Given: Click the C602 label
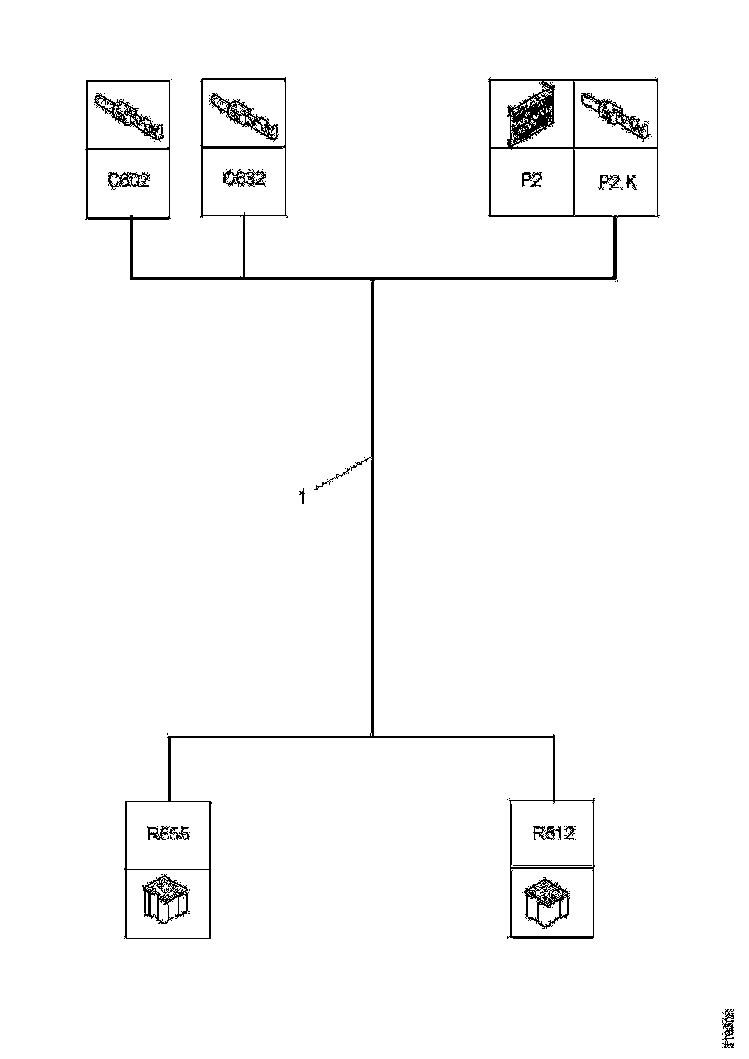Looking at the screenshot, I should [129, 181].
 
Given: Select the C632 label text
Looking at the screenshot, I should [244, 179].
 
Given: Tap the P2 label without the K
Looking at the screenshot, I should [531, 180].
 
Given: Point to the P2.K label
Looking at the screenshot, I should [616, 181].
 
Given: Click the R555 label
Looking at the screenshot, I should [168, 834].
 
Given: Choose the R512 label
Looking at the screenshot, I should [554, 834].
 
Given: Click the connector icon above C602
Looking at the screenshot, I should [129, 115].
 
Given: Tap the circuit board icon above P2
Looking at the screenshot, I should [531, 116].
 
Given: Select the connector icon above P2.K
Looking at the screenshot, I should [616, 115].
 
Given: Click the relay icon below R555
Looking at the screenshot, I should [168, 901].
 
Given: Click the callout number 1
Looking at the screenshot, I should [303, 499].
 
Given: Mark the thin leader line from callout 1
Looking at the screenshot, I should [339, 478].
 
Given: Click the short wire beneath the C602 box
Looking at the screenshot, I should [130, 247].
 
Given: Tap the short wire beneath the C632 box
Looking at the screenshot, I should [244, 246].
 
